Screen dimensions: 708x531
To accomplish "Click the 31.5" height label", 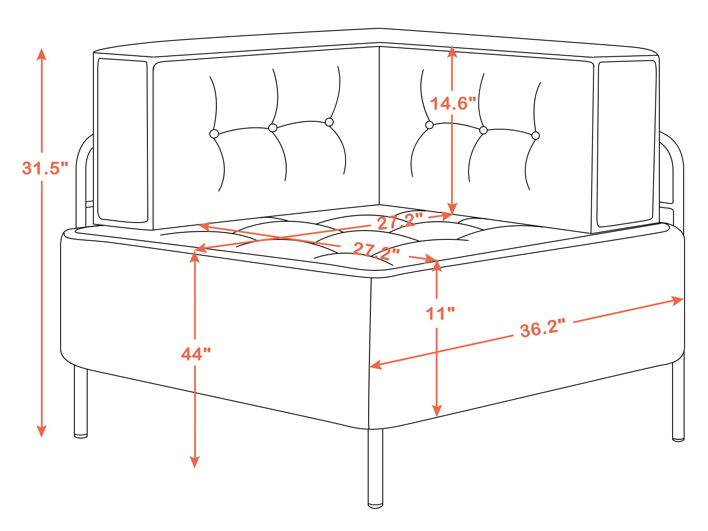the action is (x=45, y=168).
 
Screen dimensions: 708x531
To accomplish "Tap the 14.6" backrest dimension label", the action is (x=453, y=104).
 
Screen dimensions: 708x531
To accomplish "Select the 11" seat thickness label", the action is (x=440, y=313).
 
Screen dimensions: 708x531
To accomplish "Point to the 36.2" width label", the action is (x=543, y=328).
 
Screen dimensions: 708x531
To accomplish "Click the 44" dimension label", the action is (x=196, y=354).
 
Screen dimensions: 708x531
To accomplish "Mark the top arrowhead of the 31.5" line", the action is (x=42, y=54).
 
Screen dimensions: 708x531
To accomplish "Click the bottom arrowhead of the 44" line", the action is (x=195, y=462).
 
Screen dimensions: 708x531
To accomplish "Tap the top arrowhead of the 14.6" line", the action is (x=452, y=52).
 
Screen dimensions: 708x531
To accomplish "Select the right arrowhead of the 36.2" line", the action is (x=677, y=300).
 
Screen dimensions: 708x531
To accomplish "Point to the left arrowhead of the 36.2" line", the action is (x=376, y=365).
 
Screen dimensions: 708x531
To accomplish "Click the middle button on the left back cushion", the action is (x=273, y=128).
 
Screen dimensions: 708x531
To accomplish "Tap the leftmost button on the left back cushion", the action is (x=214, y=134).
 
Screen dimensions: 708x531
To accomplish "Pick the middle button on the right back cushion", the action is (x=483, y=130).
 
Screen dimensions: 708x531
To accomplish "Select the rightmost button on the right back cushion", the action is (x=535, y=136).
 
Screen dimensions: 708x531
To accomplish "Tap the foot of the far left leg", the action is (x=81, y=436).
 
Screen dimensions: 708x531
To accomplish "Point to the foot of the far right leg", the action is (x=678, y=439).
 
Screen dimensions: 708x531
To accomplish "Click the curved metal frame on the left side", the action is (x=81, y=151).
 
